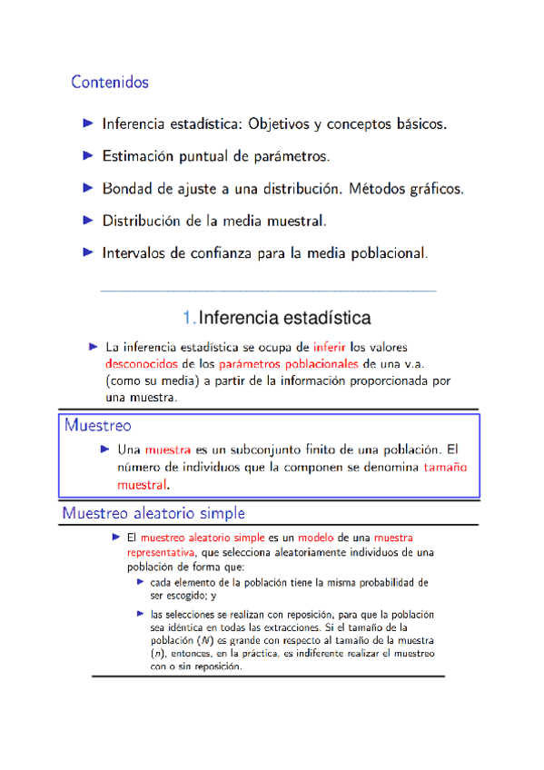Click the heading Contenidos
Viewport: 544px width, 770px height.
110,83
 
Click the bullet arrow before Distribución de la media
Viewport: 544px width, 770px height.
88,220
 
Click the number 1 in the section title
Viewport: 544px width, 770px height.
186,318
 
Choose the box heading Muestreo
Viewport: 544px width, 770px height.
98,425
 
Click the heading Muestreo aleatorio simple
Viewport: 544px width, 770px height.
153,513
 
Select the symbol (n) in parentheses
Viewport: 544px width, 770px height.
158,653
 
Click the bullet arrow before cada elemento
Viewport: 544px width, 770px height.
141,582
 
